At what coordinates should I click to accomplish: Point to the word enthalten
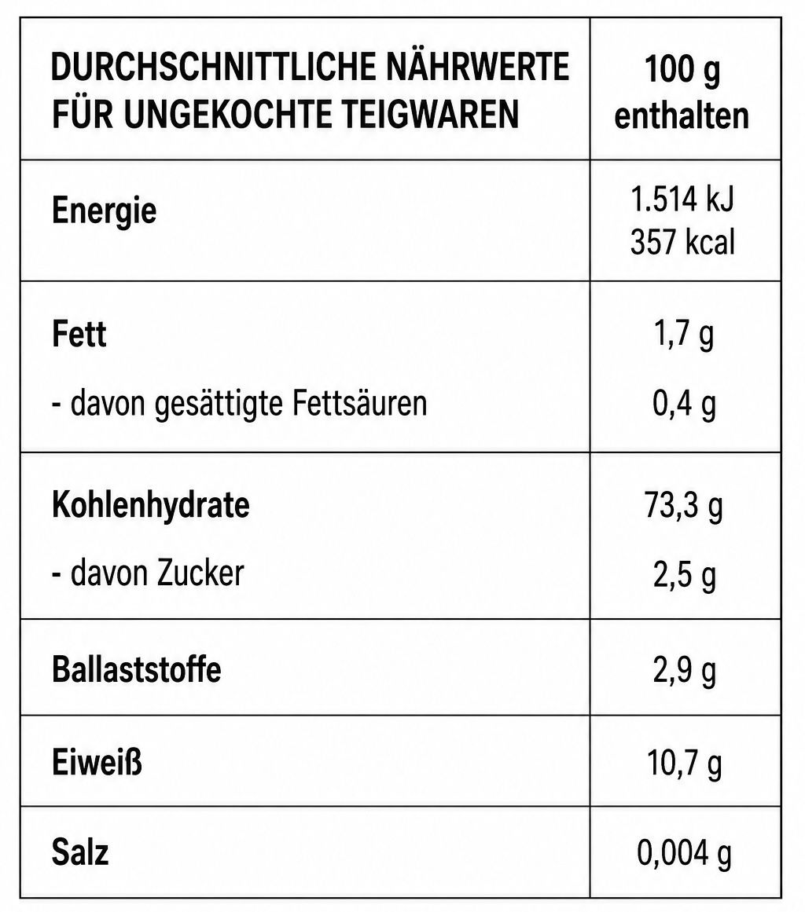pos(682,115)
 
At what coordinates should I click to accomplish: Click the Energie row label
pos(105,211)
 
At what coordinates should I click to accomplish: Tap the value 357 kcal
pos(683,241)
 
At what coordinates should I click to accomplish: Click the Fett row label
pos(79,334)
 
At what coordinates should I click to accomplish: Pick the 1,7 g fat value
pos(684,335)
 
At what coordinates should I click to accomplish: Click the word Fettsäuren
pos(360,402)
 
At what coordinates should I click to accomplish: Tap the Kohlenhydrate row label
pos(151,505)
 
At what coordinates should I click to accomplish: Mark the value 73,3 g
pos(684,505)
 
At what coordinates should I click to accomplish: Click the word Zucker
pos(200,573)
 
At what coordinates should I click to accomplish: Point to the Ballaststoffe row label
pos(137,668)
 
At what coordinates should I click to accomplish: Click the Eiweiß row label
pos(97,762)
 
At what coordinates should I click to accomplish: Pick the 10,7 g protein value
pos(685,763)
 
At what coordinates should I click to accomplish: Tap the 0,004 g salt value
pos(685,853)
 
